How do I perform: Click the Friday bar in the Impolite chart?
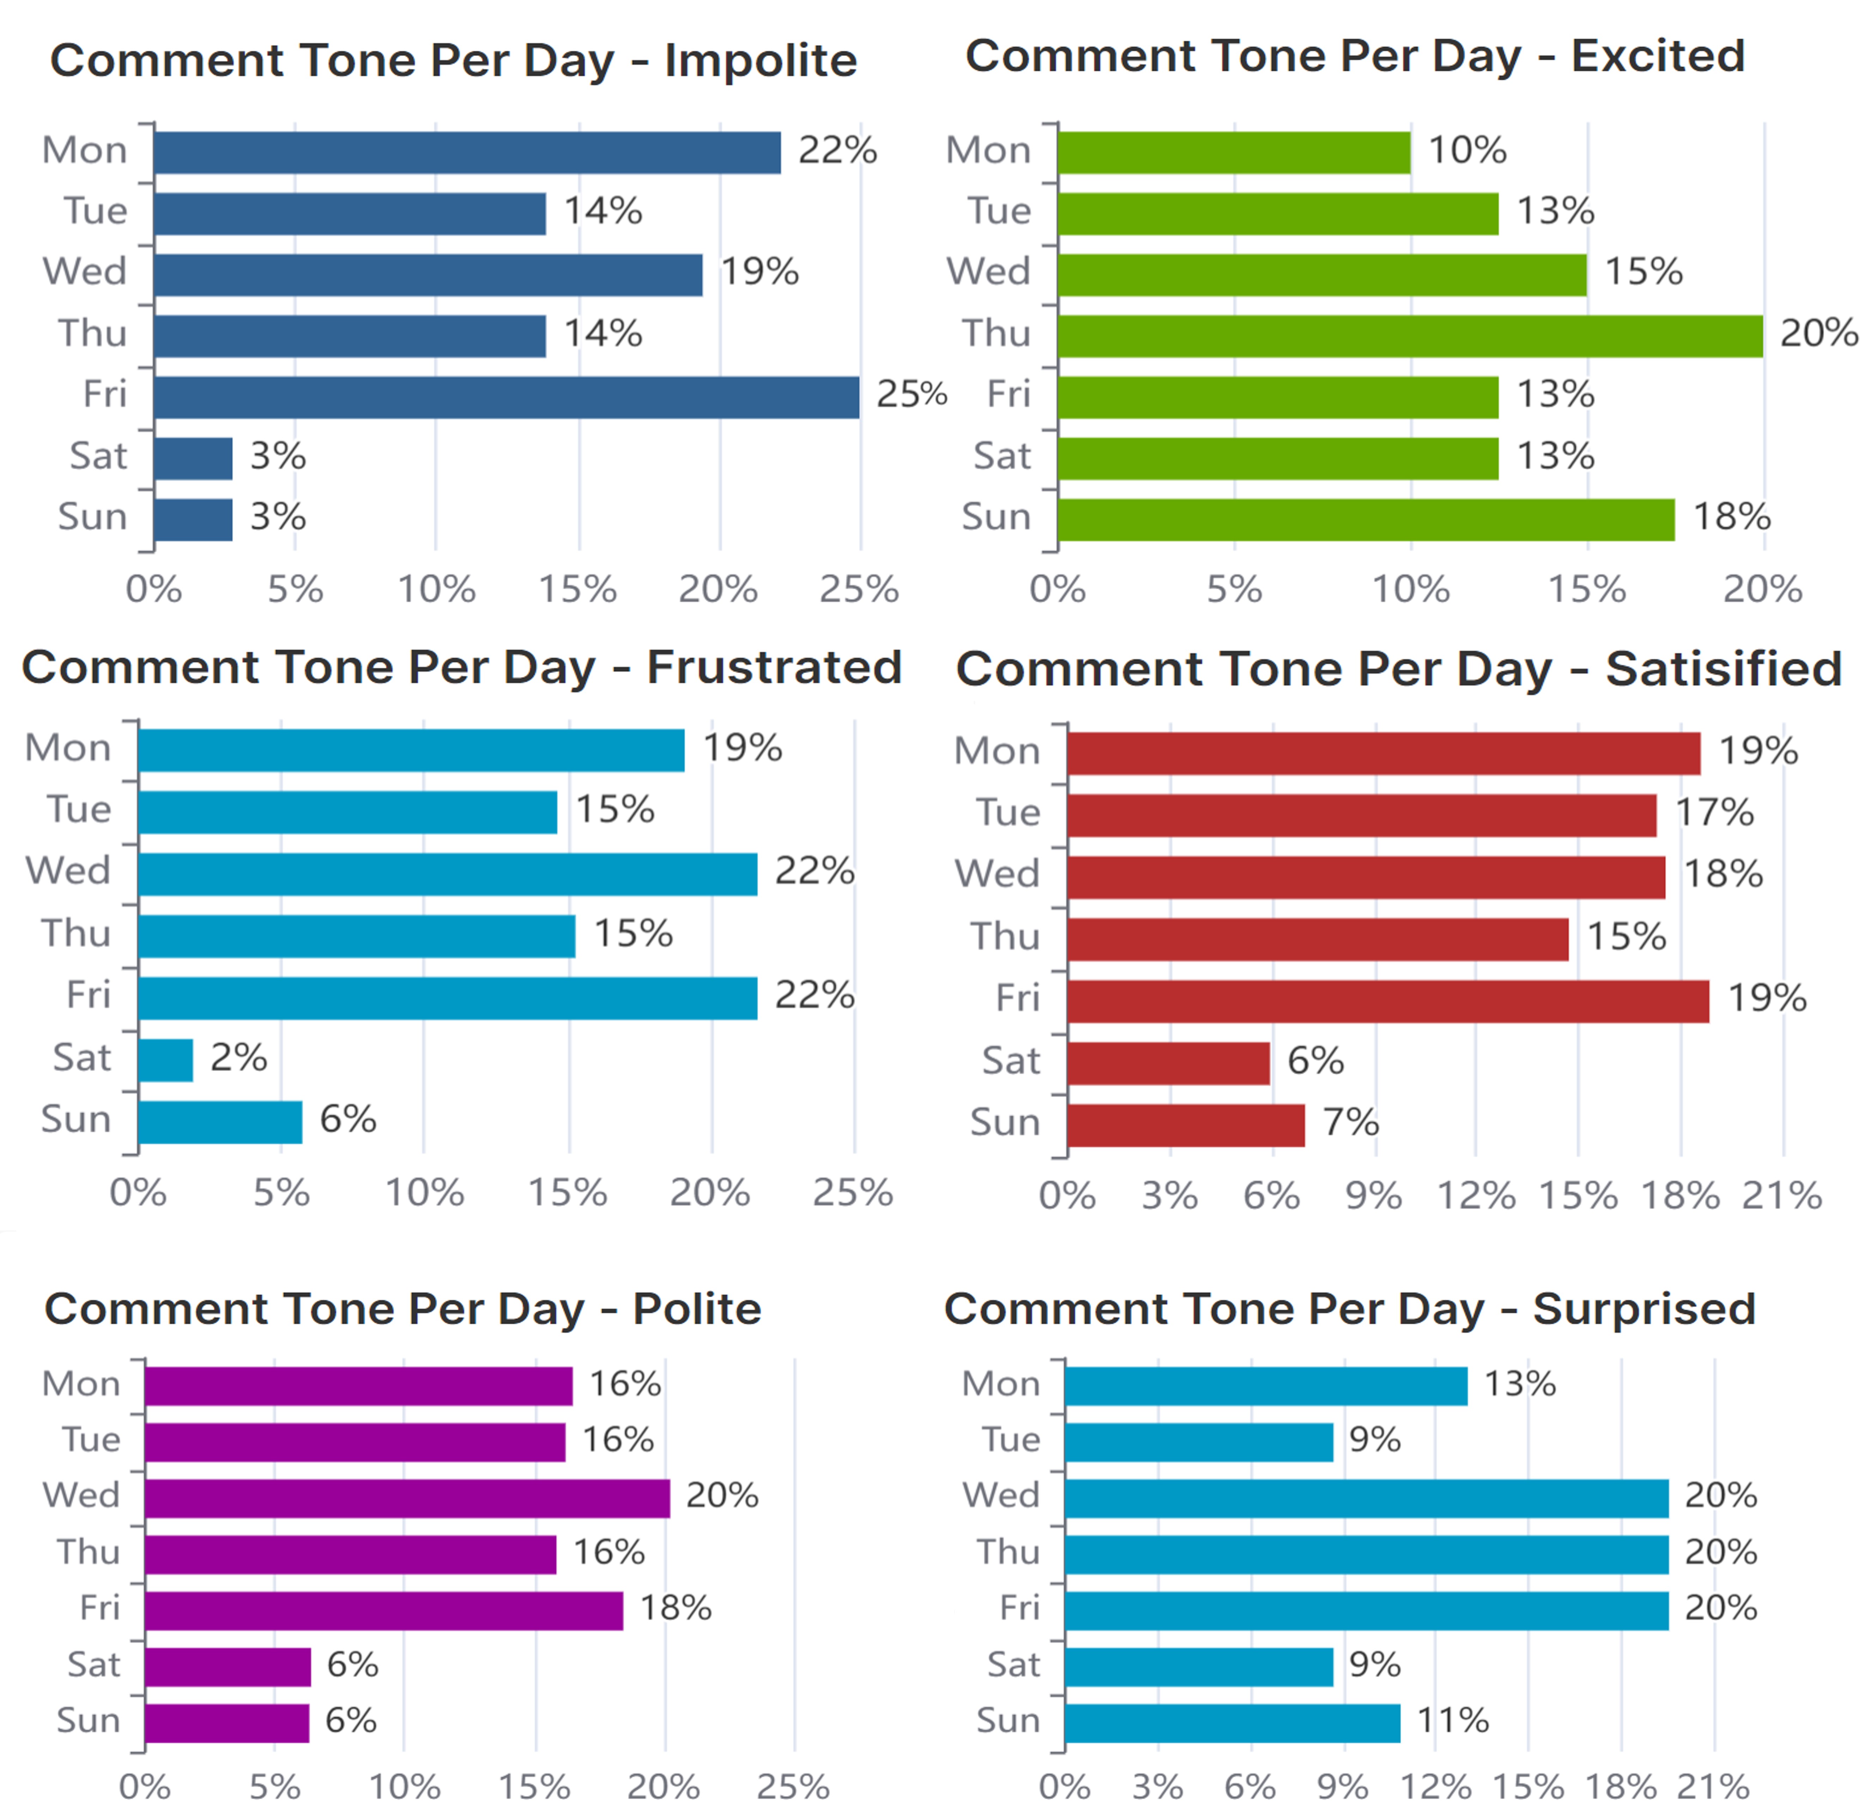[505, 397]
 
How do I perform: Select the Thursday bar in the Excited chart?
[1410, 336]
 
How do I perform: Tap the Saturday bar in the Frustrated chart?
[166, 1060]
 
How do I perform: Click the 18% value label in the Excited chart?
[1731, 517]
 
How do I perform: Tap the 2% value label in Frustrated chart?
[238, 1058]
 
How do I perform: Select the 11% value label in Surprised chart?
[1453, 1720]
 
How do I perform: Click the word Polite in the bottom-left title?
[696, 1309]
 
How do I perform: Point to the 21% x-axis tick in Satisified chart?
[1781, 1196]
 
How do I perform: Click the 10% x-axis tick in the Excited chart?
[1410, 590]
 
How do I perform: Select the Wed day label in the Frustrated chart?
[68, 871]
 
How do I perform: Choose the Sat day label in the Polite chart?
[93, 1664]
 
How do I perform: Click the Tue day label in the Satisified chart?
[1008, 813]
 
